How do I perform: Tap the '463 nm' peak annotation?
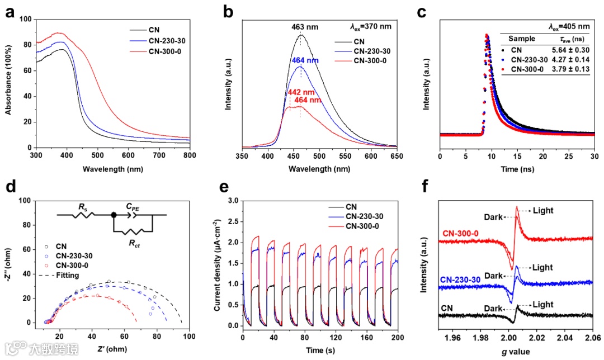click(305, 26)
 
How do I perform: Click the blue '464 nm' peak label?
click(305, 60)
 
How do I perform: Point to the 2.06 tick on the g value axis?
click(592, 338)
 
